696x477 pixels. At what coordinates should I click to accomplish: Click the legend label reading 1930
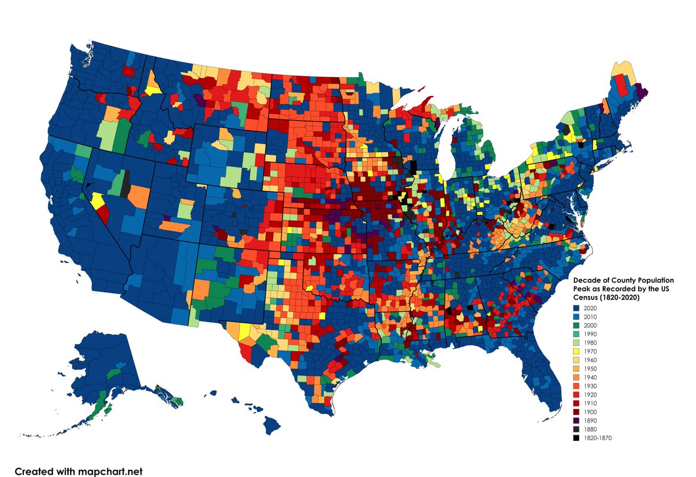pos(591,386)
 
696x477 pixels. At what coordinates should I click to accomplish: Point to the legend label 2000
pos(591,326)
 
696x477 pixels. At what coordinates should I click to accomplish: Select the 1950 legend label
pos(591,369)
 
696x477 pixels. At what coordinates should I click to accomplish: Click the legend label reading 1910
pos(591,403)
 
